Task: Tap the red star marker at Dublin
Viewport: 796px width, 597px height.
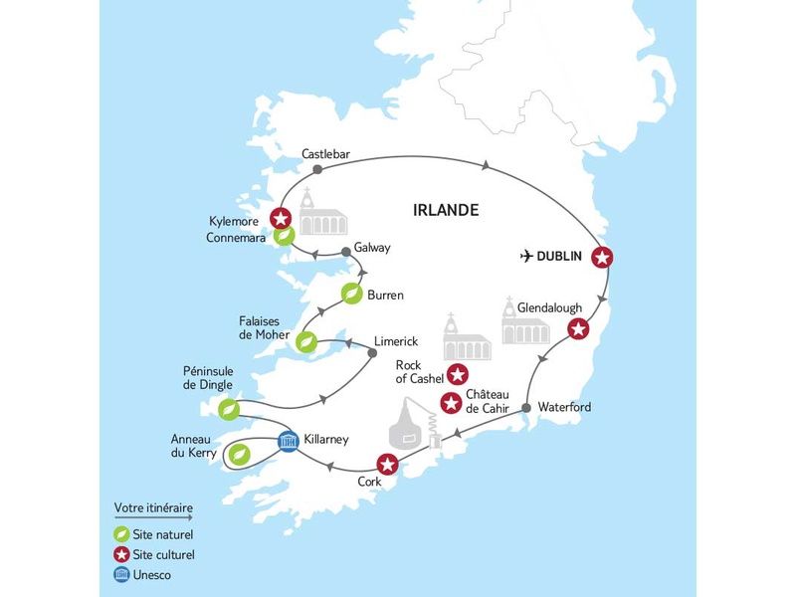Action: click(601, 258)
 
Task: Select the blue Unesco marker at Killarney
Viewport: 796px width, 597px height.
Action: click(288, 439)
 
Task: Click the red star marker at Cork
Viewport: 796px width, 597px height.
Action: click(387, 463)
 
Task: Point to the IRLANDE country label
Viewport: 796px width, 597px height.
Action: click(446, 210)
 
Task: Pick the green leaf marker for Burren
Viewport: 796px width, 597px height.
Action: click(351, 294)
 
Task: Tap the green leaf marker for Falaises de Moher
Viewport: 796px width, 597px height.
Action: click(307, 342)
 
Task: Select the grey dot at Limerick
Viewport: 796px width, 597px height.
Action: click(372, 352)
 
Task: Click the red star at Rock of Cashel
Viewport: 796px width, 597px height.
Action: click(457, 374)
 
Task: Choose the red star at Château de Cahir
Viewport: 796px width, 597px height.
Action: click(451, 403)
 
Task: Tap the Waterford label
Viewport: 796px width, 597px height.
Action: click(564, 407)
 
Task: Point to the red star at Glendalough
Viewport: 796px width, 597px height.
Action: click(576, 329)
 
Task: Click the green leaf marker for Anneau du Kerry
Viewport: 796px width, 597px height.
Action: click(239, 455)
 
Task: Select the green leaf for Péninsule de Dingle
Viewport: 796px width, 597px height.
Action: click(228, 408)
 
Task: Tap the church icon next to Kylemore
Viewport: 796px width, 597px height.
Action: click(320, 210)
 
